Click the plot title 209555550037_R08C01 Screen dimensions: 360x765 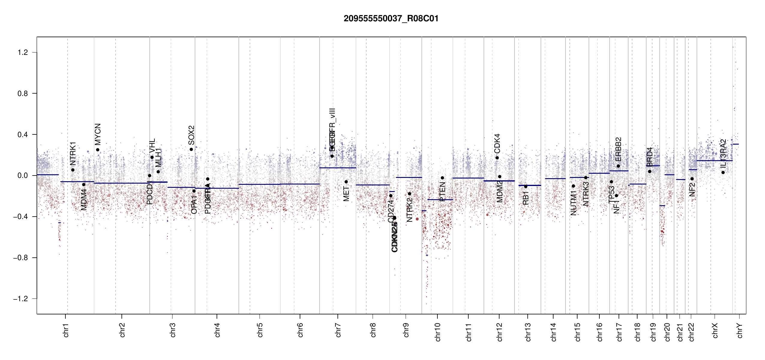click(391, 19)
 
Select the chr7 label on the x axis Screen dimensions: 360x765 click(338, 330)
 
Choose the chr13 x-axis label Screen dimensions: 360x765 click(528, 332)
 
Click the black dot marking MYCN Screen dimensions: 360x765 click(97, 150)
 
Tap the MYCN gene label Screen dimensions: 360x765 click(98, 134)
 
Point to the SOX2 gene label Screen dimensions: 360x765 click(191, 135)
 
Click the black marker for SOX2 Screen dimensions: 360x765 click(191, 149)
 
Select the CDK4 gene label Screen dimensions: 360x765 click(497, 143)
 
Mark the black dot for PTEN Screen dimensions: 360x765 click(442, 178)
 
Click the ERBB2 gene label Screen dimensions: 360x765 click(618, 149)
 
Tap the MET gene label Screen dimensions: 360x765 click(346, 194)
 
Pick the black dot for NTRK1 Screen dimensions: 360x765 click(73, 170)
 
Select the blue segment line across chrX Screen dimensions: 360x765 click(714, 160)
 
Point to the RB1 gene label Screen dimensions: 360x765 click(526, 198)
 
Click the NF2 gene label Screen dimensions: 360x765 click(692, 190)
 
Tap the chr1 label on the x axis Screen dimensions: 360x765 click(66, 330)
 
